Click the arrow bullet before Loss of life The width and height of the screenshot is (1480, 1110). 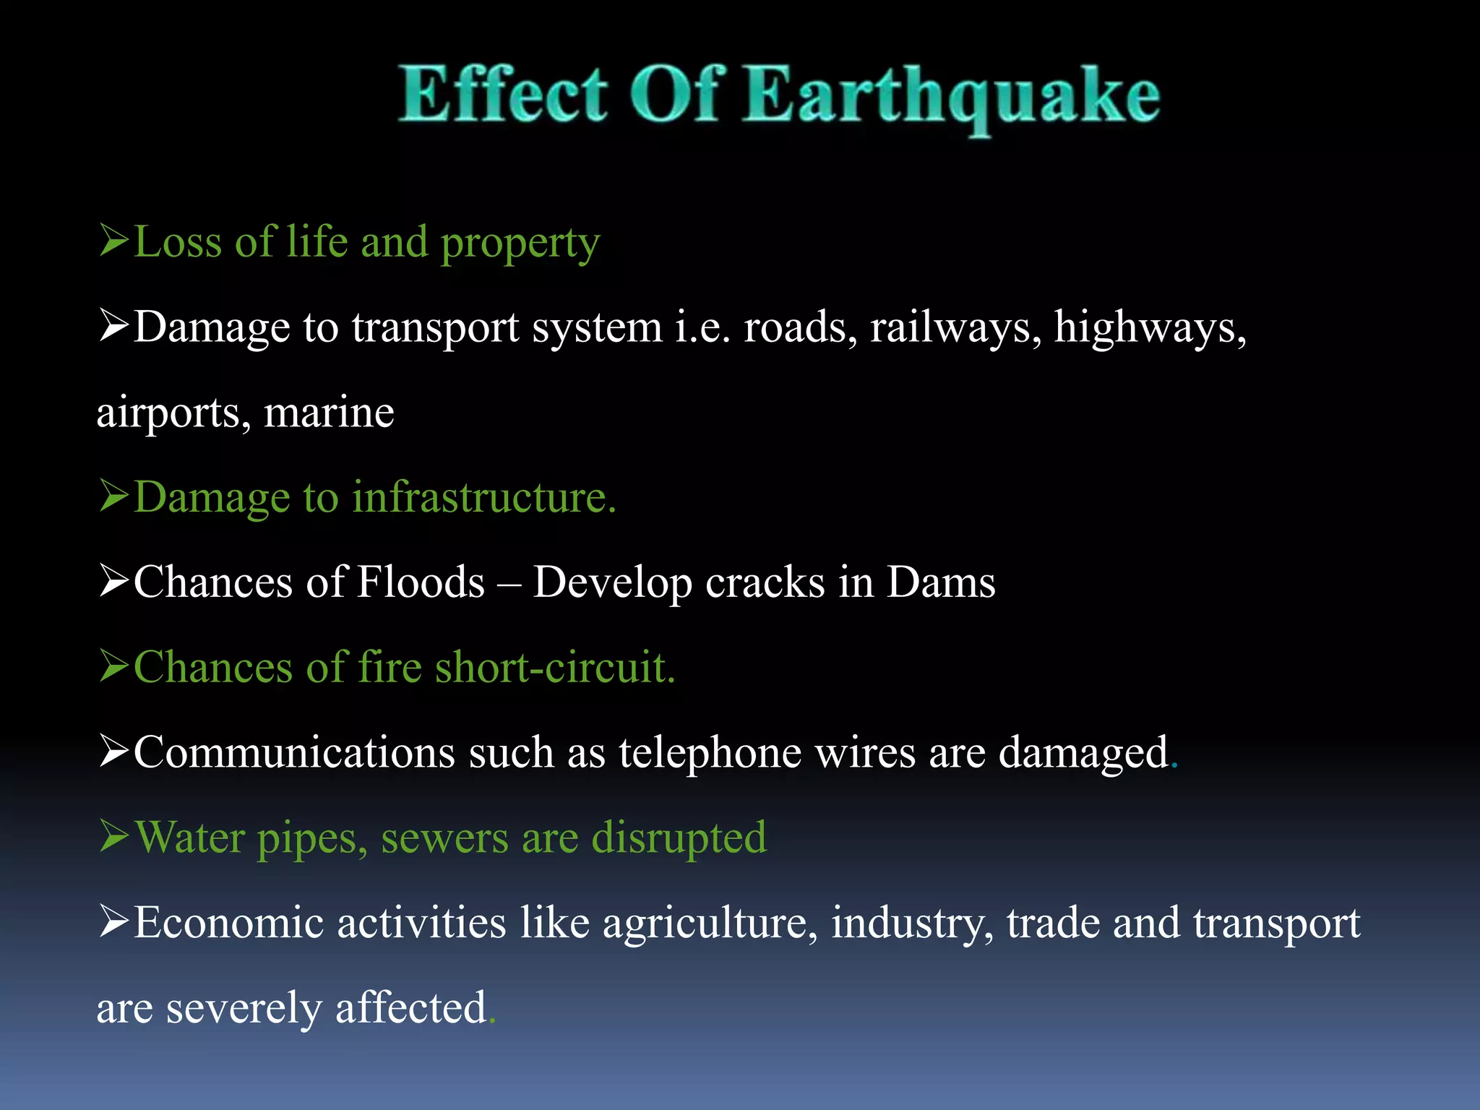click(x=114, y=241)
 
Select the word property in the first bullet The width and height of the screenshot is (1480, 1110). click(x=520, y=244)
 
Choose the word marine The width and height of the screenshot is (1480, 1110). click(x=329, y=413)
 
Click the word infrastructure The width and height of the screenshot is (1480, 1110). click(x=483, y=498)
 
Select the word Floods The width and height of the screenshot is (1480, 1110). click(x=421, y=582)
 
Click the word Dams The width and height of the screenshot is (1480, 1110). click(x=941, y=582)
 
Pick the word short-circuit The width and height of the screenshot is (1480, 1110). click(x=554, y=668)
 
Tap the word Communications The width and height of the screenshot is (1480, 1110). click(x=294, y=753)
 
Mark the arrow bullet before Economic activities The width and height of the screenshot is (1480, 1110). click(x=114, y=922)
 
